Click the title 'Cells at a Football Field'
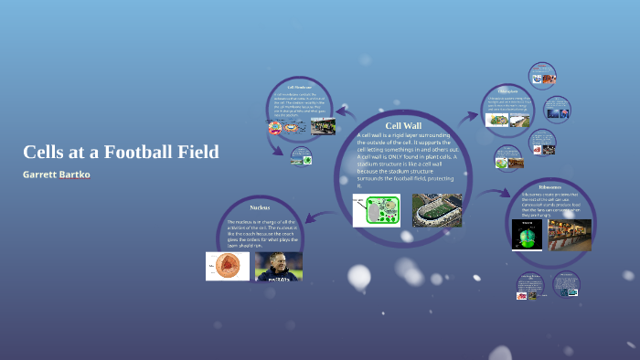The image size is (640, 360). pos(121,152)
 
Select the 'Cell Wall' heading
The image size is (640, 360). pos(403,125)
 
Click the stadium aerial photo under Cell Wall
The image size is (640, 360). pos(437,209)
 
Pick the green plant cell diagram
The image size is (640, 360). pos(377,209)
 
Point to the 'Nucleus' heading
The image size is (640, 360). pos(260,207)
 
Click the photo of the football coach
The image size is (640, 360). pos(278,266)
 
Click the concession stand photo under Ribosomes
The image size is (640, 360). pos(570,235)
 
